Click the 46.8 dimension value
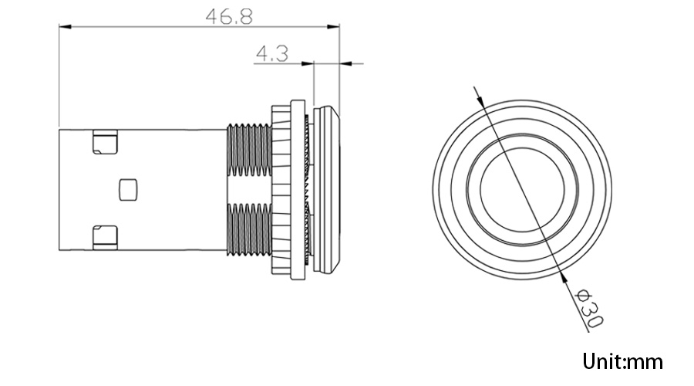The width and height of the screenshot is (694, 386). pyautogui.click(x=229, y=16)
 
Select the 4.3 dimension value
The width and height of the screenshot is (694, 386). pyautogui.click(x=272, y=53)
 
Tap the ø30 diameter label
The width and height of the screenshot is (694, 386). pyautogui.click(x=588, y=309)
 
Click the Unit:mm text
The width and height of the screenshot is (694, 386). pyautogui.click(x=622, y=361)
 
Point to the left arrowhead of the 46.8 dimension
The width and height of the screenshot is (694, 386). pyautogui.click(x=65, y=27)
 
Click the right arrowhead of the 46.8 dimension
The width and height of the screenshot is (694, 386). pyautogui.click(x=333, y=27)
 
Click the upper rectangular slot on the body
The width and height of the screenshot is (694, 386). pyautogui.click(x=105, y=142)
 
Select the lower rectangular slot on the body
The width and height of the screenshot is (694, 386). pyautogui.click(x=105, y=238)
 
